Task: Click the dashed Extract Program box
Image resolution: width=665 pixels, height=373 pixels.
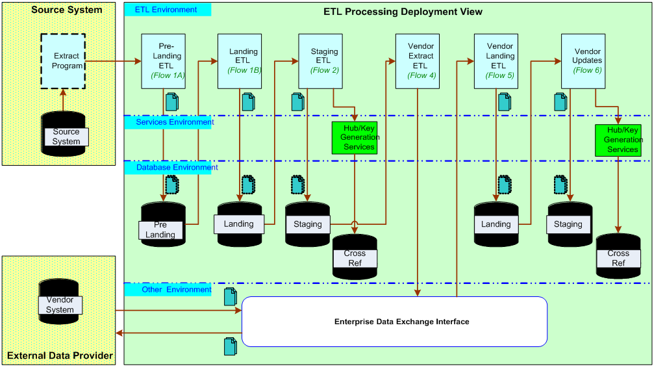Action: [63, 62]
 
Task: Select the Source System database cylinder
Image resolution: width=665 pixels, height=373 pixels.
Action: [64, 134]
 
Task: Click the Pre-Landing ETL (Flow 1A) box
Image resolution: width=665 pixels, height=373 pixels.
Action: [163, 61]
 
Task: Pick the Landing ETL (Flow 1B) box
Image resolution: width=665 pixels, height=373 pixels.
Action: [240, 61]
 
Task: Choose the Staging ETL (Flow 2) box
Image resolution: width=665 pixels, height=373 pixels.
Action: [320, 61]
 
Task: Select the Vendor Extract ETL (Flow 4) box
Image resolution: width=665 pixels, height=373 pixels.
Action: [418, 61]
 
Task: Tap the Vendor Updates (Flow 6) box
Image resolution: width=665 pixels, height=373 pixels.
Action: [583, 61]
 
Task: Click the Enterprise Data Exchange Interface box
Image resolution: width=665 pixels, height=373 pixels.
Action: [394, 322]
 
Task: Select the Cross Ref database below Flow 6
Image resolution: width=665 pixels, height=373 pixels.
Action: [618, 256]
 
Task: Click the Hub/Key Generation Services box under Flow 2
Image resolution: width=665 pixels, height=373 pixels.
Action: [355, 138]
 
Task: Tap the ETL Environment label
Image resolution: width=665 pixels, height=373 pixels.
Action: [167, 10]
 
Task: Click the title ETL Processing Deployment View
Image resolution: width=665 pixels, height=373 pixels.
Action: [403, 12]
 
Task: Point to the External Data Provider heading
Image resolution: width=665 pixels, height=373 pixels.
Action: [60, 355]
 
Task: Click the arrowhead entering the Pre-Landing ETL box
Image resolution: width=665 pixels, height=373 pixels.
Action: [138, 61]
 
